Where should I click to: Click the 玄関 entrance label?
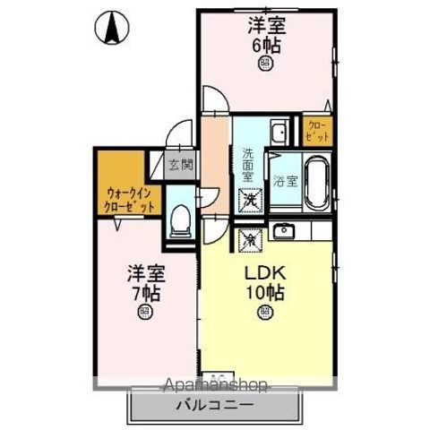(180, 164)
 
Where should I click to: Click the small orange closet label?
(318, 131)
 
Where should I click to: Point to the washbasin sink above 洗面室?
(277, 133)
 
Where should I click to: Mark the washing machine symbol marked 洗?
(248, 202)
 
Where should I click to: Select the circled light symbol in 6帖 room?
(265, 63)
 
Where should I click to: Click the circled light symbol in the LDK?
(265, 312)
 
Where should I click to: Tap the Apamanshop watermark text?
(215, 386)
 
